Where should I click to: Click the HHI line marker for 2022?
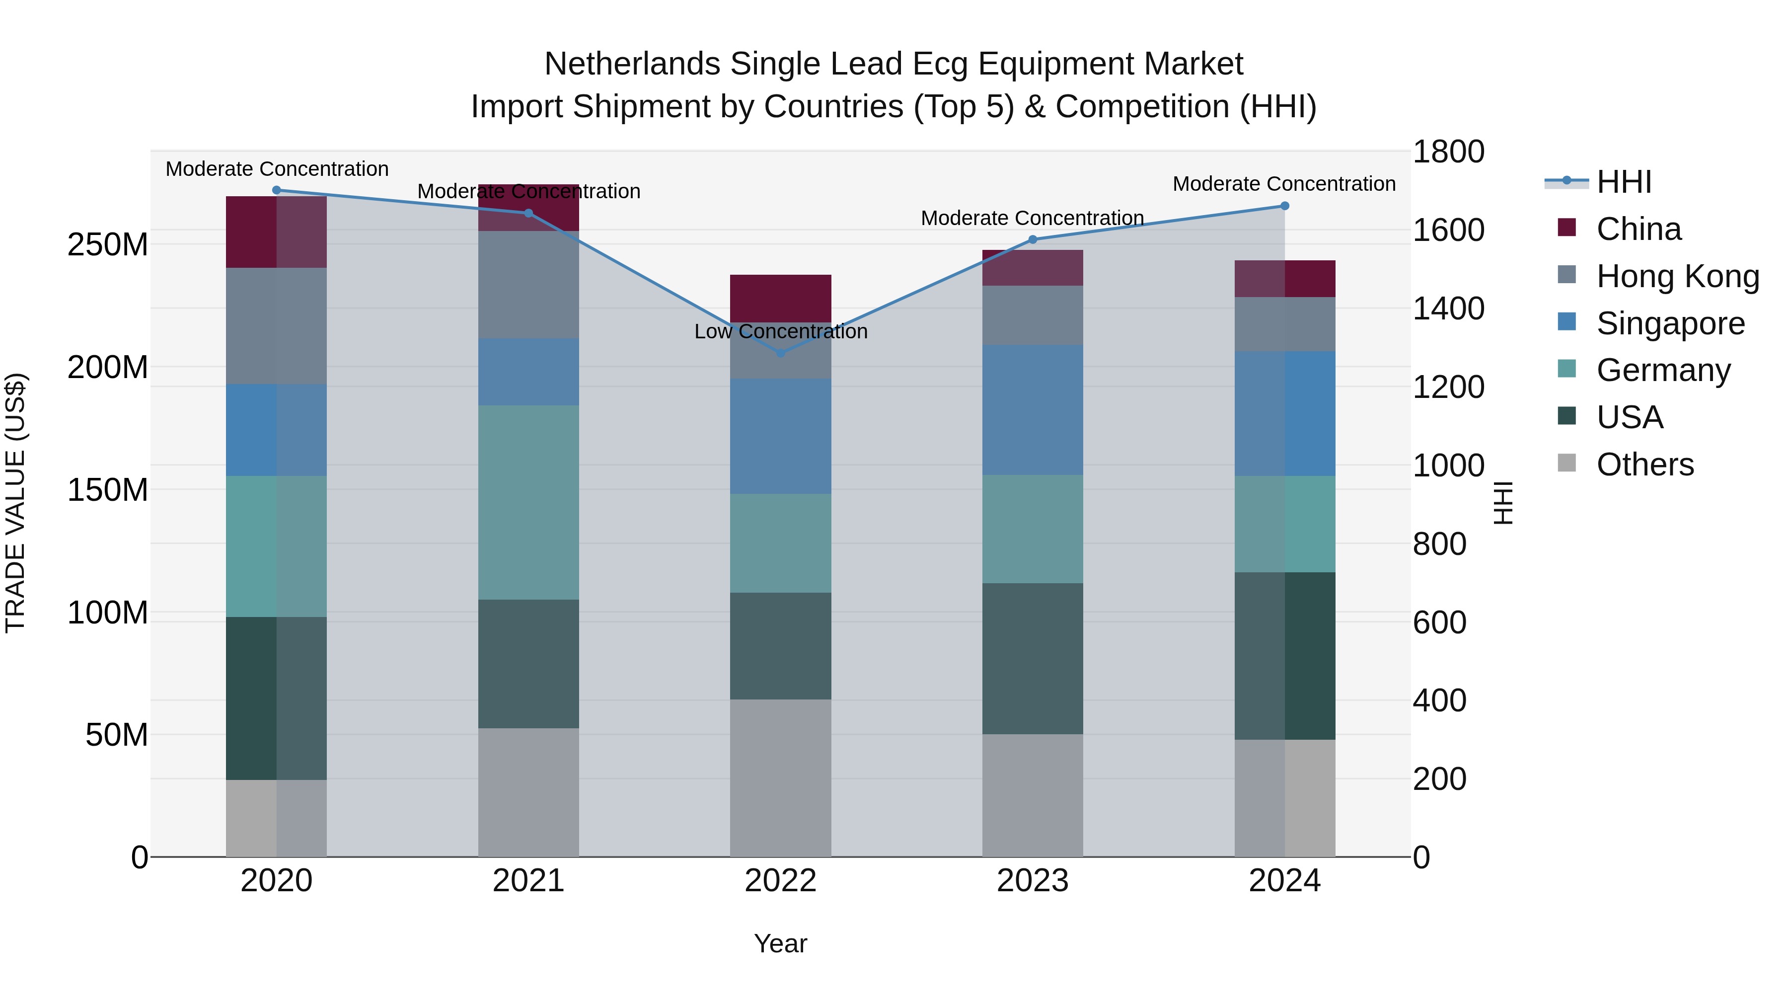(780, 353)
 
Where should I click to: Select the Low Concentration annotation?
(780, 331)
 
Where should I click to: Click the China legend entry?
(1638, 229)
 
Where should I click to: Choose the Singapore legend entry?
(1670, 323)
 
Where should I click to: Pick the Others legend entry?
(1644, 464)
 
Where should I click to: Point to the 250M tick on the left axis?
(108, 245)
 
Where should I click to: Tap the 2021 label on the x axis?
(528, 881)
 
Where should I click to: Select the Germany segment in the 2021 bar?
(528, 502)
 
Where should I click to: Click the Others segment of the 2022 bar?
(780, 777)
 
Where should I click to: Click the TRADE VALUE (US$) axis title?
(15, 503)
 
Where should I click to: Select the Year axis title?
(780, 943)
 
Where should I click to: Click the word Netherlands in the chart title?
(632, 64)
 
